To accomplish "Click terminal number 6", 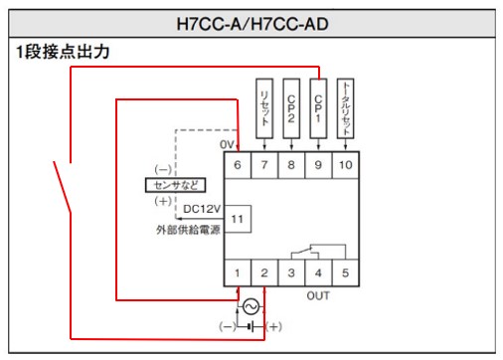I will [x=237, y=164].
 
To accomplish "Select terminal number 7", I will [x=263, y=164].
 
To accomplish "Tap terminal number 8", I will [x=290, y=164].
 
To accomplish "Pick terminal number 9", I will [x=317, y=164].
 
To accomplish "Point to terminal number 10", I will [x=344, y=164].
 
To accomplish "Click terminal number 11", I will [x=237, y=218].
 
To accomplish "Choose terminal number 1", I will [x=237, y=271].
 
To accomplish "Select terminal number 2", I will [x=263, y=271].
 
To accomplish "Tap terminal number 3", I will [x=290, y=271].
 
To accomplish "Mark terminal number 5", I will [x=344, y=271].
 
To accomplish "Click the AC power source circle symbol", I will [x=251, y=305].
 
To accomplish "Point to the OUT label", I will [x=317, y=294].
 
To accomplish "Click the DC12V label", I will [x=203, y=209].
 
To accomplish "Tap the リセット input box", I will [x=263, y=102].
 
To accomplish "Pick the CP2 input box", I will [x=290, y=102].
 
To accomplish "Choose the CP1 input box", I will [x=317, y=102].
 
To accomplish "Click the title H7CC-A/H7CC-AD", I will [x=252, y=22].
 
